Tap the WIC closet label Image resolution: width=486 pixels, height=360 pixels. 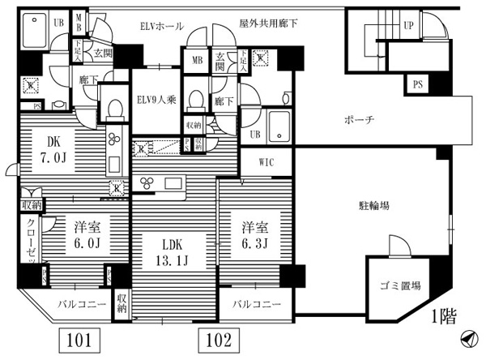click(x=266, y=162)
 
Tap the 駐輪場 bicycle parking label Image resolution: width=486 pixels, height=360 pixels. click(x=375, y=206)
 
